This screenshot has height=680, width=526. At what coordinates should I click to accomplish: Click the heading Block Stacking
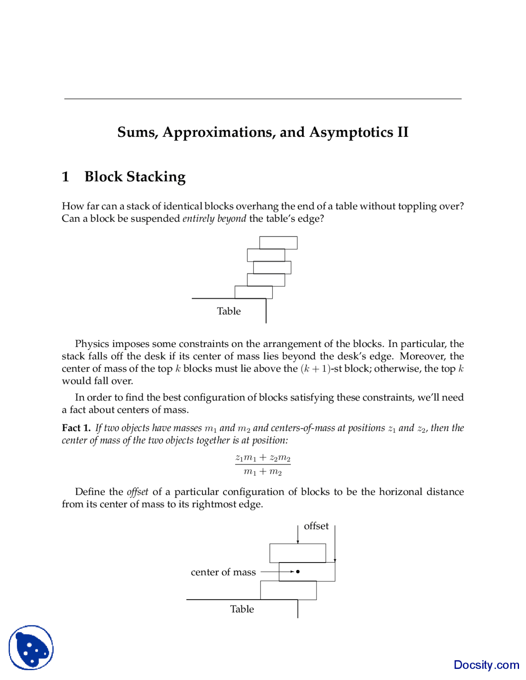(135, 177)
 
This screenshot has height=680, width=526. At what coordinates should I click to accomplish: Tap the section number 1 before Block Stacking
(65, 177)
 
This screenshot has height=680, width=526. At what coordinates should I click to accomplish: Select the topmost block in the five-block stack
(278, 243)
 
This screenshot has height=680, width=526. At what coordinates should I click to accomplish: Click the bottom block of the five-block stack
(254, 292)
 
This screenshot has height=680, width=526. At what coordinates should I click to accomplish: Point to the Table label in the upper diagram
(229, 311)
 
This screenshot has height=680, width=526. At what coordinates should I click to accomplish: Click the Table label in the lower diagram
(242, 609)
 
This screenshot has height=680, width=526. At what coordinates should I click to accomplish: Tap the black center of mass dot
(298, 572)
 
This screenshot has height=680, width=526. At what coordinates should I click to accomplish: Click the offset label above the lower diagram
(316, 526)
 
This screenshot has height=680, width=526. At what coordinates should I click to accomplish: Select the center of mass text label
(223, 572)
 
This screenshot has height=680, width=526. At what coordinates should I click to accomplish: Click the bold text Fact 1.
(76, 428)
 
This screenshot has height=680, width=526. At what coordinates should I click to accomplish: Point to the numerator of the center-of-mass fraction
(263, 457)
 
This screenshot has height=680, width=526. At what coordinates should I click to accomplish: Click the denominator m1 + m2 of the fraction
(263, 472)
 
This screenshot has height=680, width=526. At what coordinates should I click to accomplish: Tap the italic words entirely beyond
(214, 218)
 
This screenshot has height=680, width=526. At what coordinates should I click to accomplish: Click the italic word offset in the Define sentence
(137, 492)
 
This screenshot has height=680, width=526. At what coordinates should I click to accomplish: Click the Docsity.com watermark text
(486, 665)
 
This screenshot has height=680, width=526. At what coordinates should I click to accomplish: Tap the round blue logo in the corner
(31, 648)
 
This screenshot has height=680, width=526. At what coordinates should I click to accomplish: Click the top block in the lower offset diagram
(298, 553)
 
